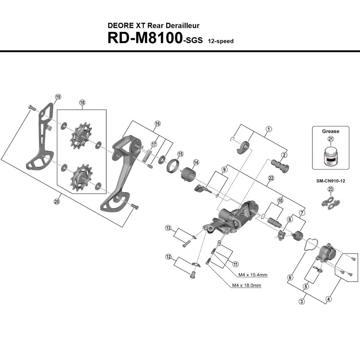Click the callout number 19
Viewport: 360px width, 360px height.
coord(58,96)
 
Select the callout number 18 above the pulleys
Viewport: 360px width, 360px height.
coord(82,103)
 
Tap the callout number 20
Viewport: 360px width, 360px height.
coord(57,202)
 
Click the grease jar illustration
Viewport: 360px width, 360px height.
coord(330,156)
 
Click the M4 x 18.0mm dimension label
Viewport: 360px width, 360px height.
coord(247,285)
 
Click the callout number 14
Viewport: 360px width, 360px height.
coord(196,162)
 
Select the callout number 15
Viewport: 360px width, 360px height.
coord(180,154)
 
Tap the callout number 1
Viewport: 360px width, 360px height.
coord(268,129)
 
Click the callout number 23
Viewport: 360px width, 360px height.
coord(330,190)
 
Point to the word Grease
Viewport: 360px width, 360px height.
coord(330,131)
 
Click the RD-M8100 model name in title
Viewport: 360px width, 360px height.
coord(144,38)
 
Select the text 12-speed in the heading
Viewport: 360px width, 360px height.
coord(220,41)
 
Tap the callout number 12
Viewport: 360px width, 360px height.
coord(168,257)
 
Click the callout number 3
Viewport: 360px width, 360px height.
coord(301,301)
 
